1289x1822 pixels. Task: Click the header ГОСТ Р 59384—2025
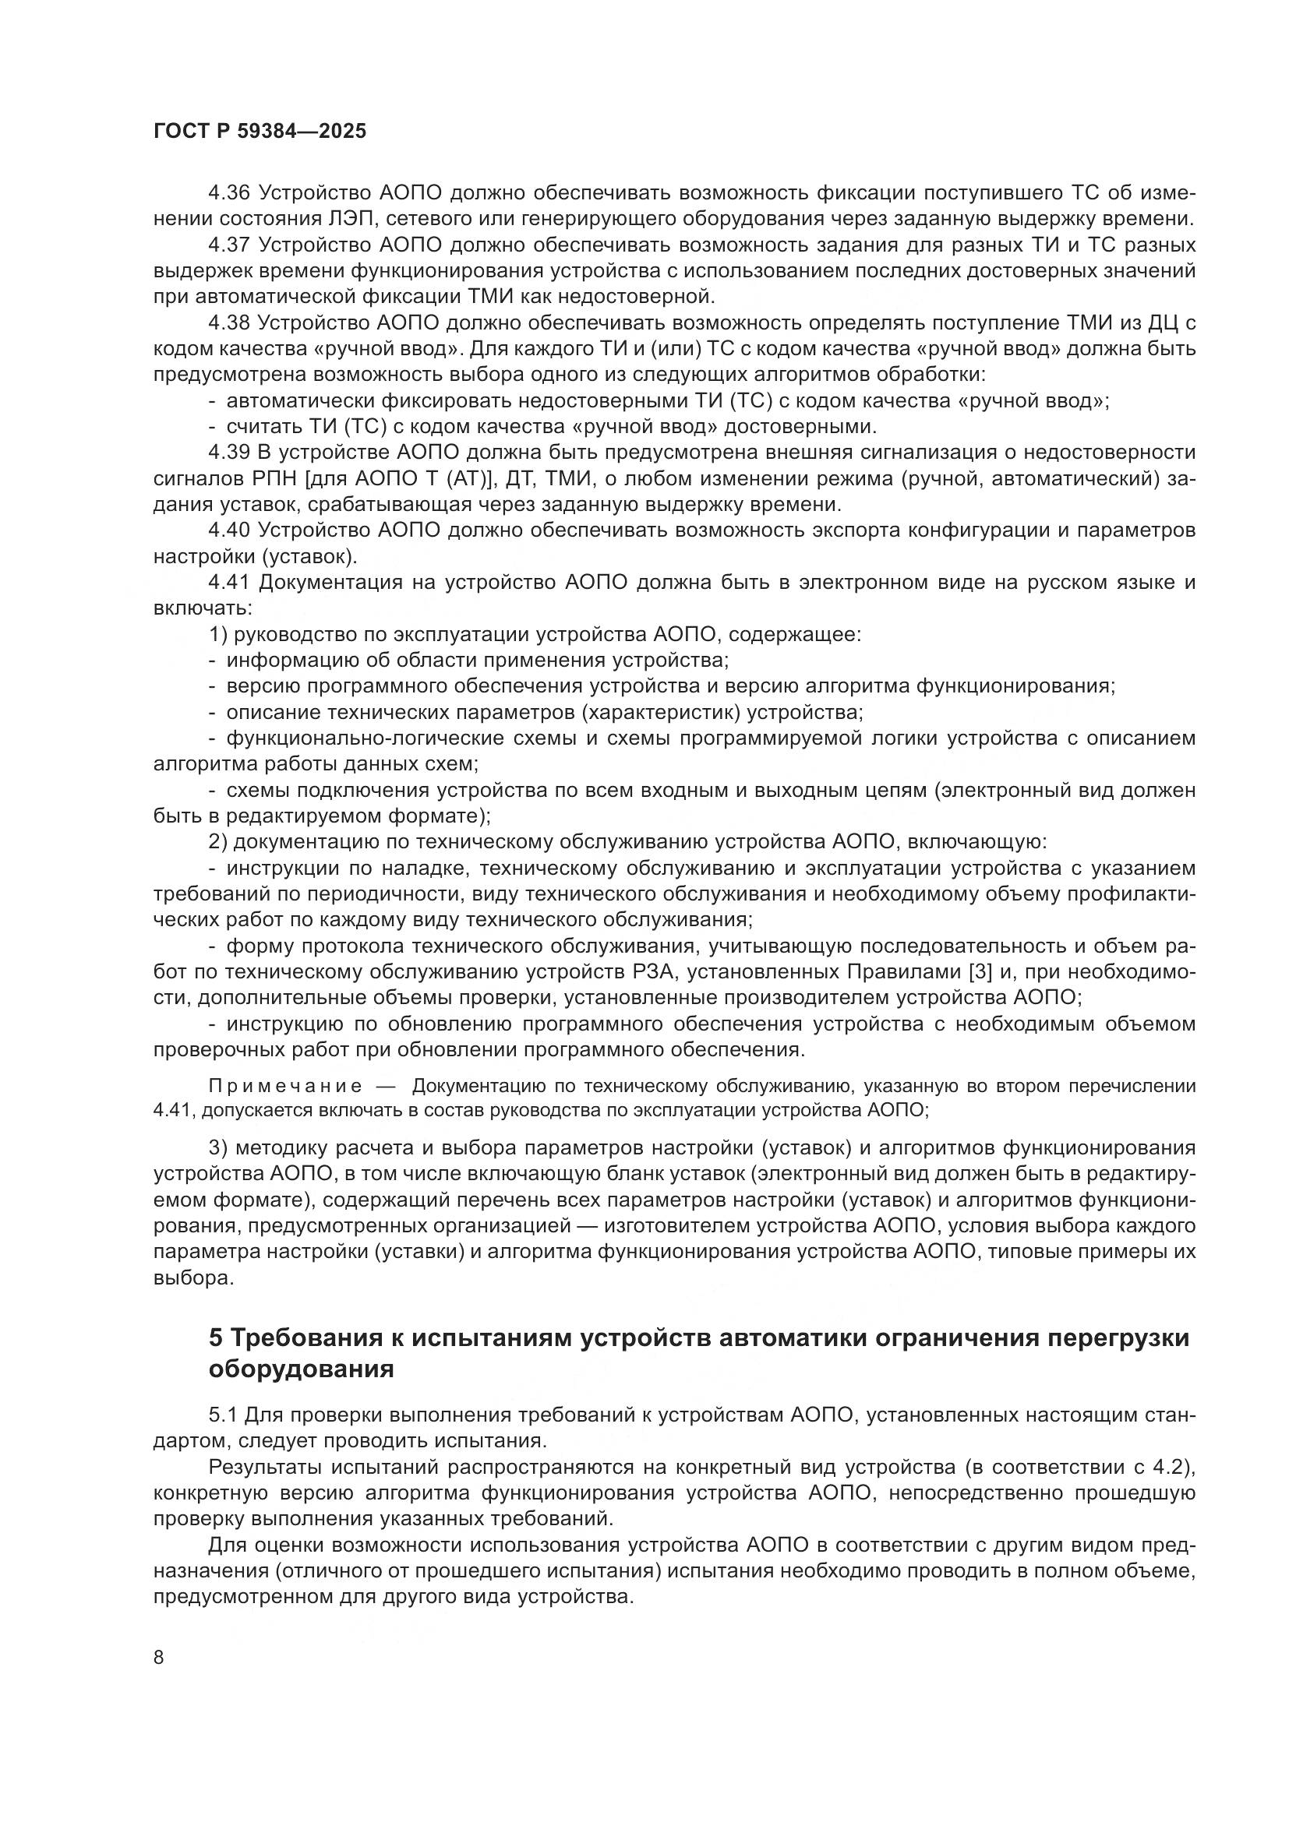point(260,132)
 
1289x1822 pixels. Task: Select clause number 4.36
point(228,193)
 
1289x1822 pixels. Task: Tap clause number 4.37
point(228,245)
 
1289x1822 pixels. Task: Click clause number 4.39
point(228,453)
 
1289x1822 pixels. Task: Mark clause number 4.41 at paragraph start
point(228,583)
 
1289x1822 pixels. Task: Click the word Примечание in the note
point(286,1087)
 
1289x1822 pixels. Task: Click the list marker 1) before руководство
point(217,634)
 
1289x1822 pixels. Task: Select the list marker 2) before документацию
point(217,842)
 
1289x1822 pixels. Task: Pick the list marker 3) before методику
point(218,1148)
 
